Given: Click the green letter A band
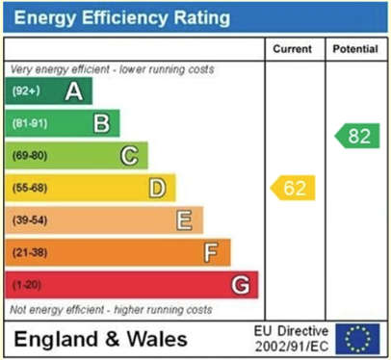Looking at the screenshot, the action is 49,90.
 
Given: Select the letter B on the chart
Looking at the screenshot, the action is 102,123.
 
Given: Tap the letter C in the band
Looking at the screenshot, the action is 129,156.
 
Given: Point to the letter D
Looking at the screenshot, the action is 157,188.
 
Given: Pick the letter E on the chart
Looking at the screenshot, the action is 185,220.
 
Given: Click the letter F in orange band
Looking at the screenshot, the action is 211,252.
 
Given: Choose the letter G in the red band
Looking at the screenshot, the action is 241,285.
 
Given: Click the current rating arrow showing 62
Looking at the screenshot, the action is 293,188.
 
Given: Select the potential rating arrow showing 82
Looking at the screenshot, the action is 357,136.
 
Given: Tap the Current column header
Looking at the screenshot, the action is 293,49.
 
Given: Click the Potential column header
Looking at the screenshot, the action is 355,49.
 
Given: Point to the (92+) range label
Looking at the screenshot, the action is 26,91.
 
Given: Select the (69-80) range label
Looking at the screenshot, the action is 30,156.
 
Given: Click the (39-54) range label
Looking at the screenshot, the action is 30,220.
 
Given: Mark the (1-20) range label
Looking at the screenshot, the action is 27,285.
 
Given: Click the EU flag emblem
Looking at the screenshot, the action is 357,339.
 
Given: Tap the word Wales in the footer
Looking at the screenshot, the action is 157,339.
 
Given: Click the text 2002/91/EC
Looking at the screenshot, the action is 292,347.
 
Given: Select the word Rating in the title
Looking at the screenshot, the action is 202,17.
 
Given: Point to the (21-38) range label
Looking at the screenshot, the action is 30,252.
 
